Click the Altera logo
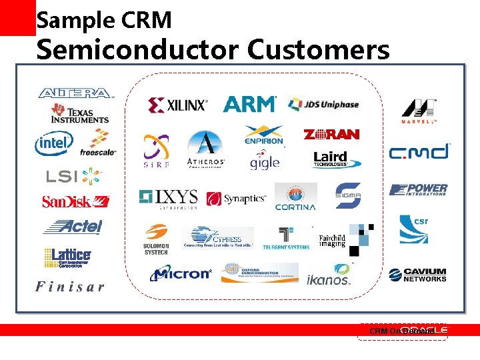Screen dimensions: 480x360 click(x=75, y=93)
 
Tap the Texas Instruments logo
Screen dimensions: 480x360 click(x=80, y=113)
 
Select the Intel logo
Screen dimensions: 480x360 click(x=53, y=143)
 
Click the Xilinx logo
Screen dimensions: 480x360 click(x=177, y=105)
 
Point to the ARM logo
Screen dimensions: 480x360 click(x=249, y=104)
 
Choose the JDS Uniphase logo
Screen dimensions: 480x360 click(x=323, y=105)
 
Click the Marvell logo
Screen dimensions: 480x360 click(x=419, y=111)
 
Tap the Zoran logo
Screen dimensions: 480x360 click(x=331, y=135)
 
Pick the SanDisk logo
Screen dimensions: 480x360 click(x=75, y=201)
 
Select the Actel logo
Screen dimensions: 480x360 click(x=73, y=227)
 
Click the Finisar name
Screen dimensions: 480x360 click(x=70, y=287)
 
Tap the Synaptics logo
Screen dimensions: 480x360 click(x=236, y=199)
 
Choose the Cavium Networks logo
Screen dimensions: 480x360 click(x=418, y=275)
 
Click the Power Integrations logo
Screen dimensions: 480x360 click(x=419, y=190)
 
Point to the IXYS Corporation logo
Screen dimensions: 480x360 click(x=169, y=198)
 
